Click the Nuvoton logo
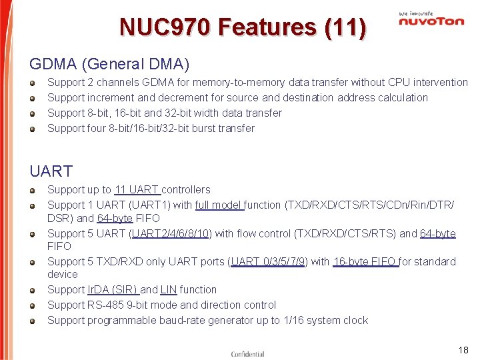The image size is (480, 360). (431, 19)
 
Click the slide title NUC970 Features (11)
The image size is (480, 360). (242, 27)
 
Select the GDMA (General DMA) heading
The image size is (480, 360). (109, 65)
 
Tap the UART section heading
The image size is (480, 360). (51, 171)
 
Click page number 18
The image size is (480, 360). (463, 350)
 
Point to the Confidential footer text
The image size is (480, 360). (248, 354)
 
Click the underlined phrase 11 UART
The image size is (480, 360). (136, 190)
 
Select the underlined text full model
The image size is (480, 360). (218, 205)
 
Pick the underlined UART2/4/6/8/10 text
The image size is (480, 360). (172, 234)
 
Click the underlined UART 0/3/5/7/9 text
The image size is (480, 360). (269, 262)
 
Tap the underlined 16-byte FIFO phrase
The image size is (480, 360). (365, 262)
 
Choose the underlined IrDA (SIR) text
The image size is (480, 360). (112, 290)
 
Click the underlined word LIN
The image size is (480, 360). (168, 290)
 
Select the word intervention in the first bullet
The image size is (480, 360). (441, 83)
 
